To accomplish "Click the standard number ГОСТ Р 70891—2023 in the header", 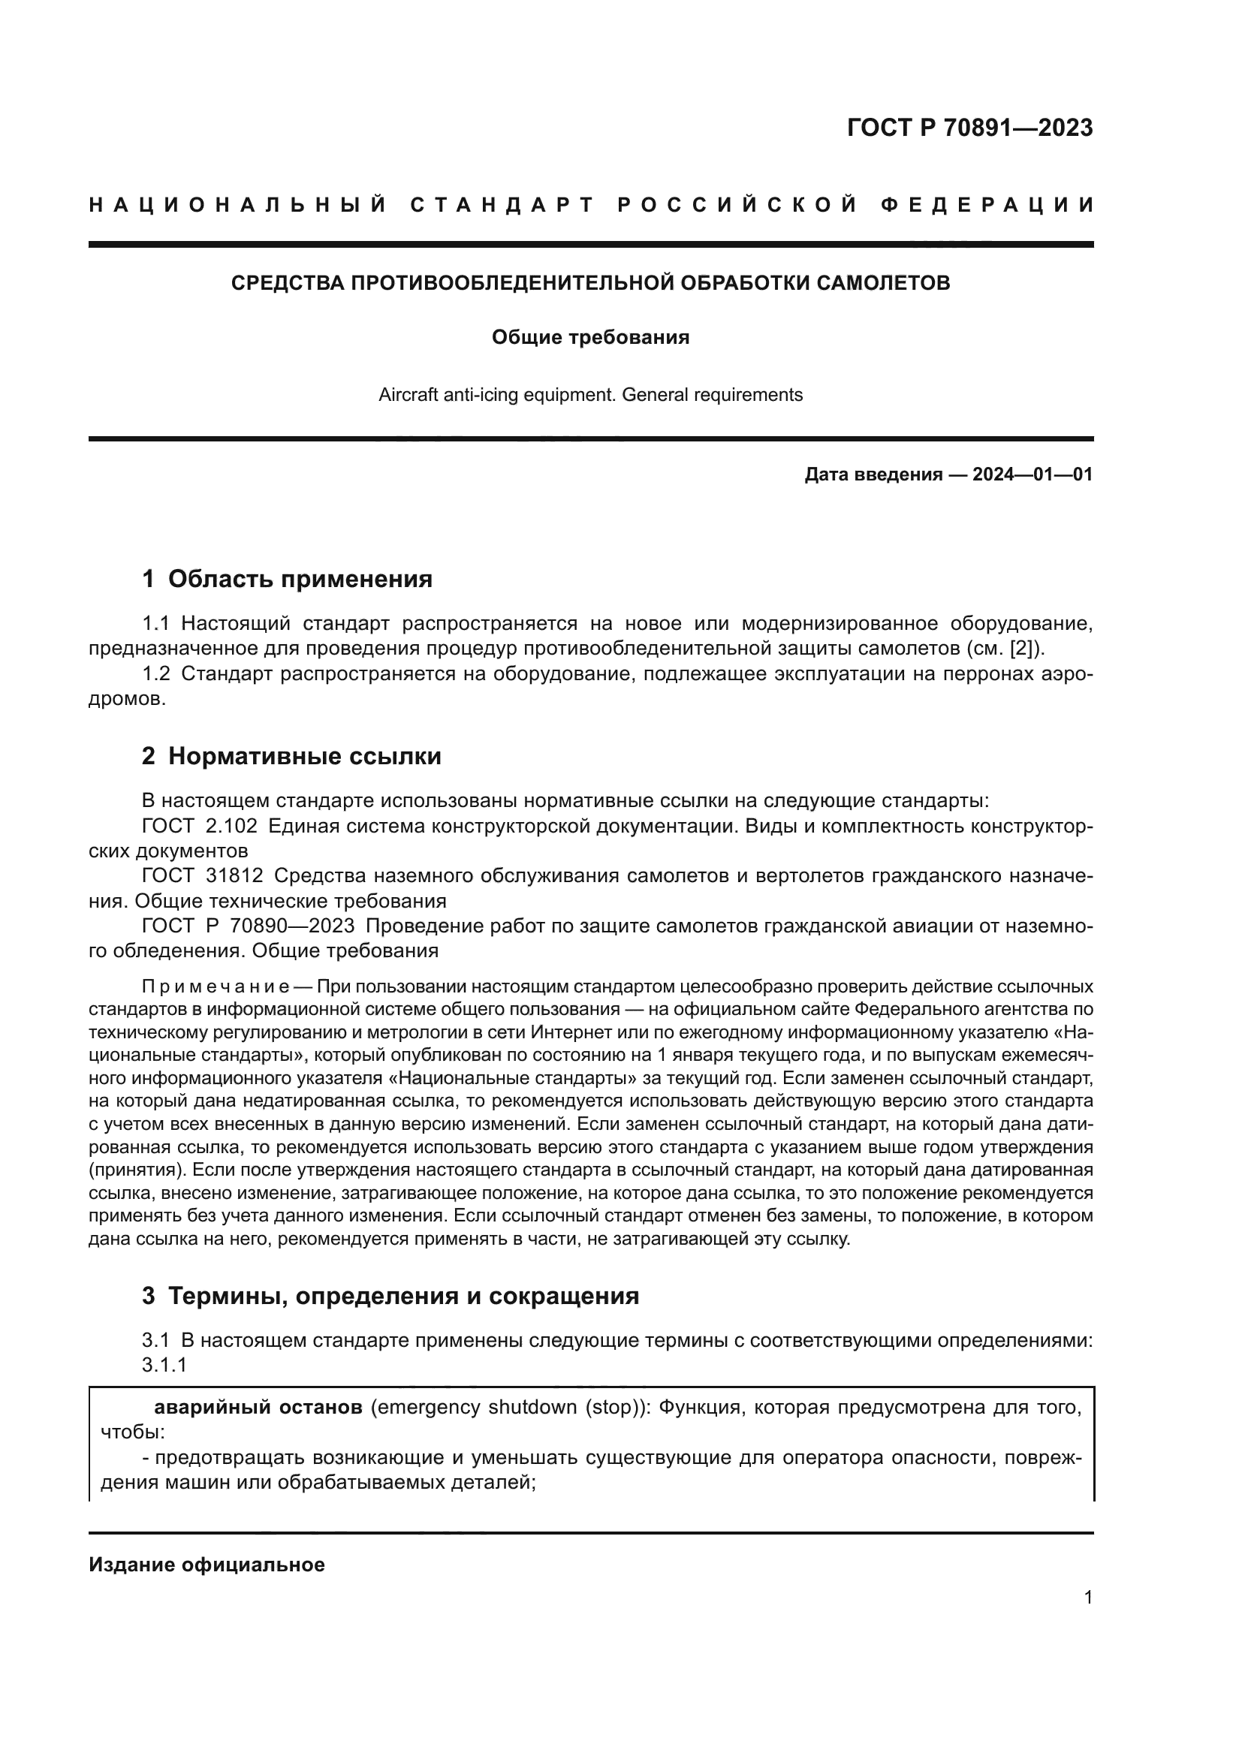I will click(969, 128).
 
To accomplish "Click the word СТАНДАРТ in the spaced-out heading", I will click(502, 205).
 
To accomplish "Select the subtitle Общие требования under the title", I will click(589, 337).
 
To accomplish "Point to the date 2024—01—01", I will click(1032, 475).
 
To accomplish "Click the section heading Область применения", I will click(300, 579).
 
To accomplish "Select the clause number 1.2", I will click(156, 673).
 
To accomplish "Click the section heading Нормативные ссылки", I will click(304, 757).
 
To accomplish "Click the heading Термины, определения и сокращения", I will click(403, 1297).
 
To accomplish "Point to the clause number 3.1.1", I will click(164, 1364).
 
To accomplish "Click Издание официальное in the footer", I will click(206, 1565).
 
